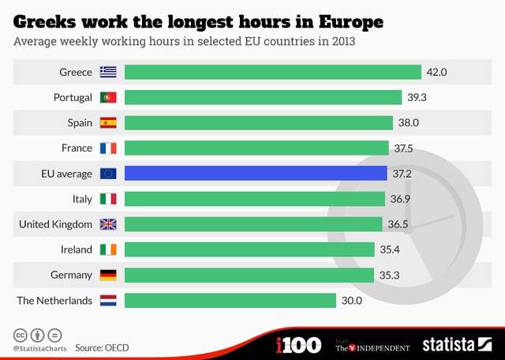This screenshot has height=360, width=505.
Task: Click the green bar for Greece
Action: [272, 73]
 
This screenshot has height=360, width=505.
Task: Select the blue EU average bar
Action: [256, 174]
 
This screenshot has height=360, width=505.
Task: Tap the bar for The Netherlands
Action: [230, 300]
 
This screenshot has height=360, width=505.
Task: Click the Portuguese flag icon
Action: [108, 98]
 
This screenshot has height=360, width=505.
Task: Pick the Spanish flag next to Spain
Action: [108, 123]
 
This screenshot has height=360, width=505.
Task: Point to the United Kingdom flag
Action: [108, 224]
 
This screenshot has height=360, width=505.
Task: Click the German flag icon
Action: [108, 275]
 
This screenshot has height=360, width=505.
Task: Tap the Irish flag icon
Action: [108, 249]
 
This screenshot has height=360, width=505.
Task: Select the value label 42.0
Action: [436, 73]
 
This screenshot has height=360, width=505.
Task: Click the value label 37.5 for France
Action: [403, 148]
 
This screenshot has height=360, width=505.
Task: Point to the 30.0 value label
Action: [351, 300]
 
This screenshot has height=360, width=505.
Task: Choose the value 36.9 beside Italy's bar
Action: [400, 199]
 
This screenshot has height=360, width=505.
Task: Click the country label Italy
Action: [82, 199]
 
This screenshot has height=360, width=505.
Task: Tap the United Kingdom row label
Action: [56, 224]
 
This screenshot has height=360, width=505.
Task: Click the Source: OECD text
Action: [102, 347]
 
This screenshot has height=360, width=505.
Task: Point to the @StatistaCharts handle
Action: [38, 347]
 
